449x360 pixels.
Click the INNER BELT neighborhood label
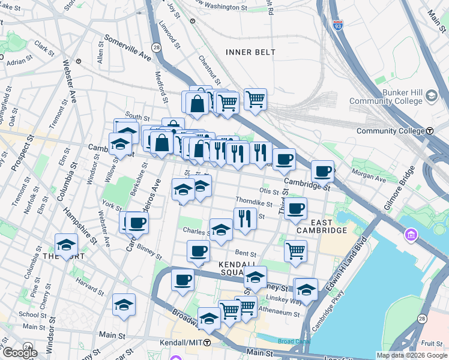(x=250, y=52)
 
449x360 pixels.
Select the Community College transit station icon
(x=430, y=131)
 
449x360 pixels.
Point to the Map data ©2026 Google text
(x=412, y=355)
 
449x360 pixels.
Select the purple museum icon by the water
(x=411, y=233)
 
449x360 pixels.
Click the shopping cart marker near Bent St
(x=295, y=250)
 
